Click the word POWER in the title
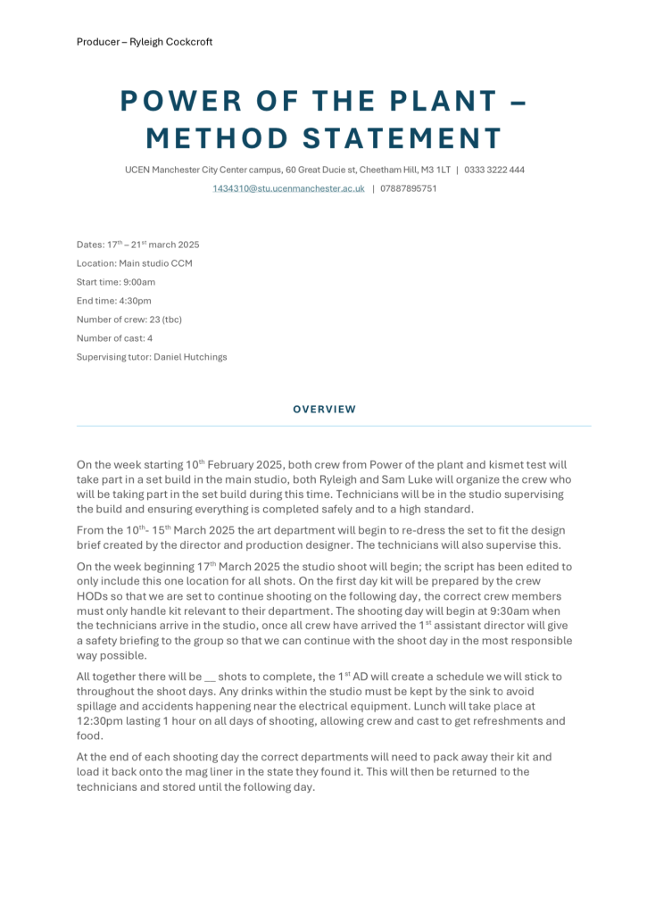174,103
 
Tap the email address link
288,188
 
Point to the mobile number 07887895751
409,188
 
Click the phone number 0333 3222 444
494,170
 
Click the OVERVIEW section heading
324,410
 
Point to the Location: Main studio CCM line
134,263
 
